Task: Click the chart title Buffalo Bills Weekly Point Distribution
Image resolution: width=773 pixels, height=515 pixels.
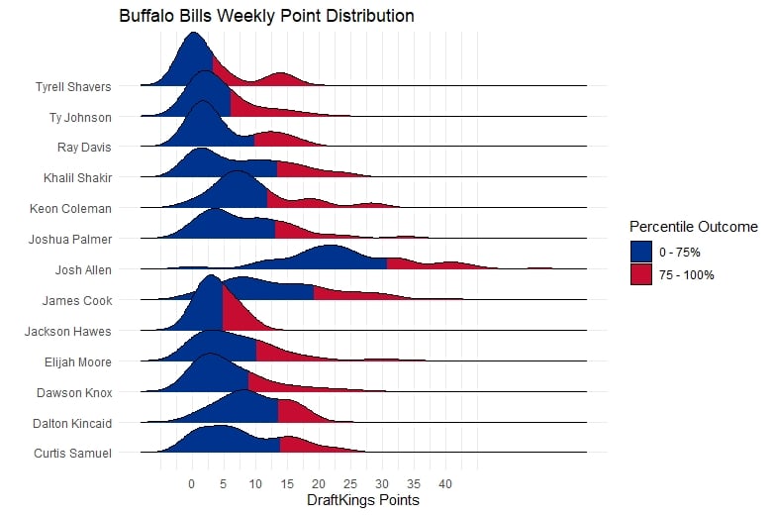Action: click(x=266, y=17)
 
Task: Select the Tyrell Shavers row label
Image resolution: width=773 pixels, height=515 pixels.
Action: click(x=73, y=86)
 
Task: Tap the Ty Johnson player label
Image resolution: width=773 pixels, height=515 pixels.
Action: click(x=80, y=117)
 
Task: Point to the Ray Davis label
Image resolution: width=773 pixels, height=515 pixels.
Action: click(x=84, y=148)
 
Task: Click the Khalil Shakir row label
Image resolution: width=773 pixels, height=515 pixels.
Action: click(x=77, y=178)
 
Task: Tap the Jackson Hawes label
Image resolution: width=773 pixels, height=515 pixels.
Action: click(x=68, y=332)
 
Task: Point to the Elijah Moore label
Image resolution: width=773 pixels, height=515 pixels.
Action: click(x=78, y=362)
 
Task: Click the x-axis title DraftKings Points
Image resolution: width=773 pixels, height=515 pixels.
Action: click(x=363, y=501)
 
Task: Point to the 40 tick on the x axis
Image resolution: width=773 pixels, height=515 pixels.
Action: click(x=445, y=484)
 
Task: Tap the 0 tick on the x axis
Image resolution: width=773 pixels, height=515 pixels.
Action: click(x=192, y=484)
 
